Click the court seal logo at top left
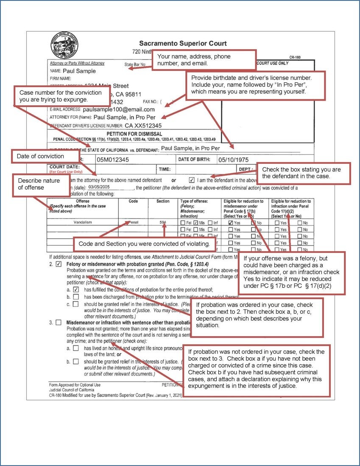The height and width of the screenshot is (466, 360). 64,45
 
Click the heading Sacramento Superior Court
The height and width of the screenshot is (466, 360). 183,43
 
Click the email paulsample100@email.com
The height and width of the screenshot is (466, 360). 119,109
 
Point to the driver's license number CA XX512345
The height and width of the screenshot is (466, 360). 143,126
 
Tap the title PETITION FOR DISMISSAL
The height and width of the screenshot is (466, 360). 134,134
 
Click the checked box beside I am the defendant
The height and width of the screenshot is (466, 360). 192,180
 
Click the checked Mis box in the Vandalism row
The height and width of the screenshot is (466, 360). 196,222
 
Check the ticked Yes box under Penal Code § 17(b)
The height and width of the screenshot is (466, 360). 231,222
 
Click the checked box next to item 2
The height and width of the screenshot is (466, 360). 59,264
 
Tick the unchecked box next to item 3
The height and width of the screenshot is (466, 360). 59,323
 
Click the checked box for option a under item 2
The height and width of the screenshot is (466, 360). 76,289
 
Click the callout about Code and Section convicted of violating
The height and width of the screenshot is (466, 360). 144,244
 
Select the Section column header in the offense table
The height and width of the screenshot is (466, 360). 163,201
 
